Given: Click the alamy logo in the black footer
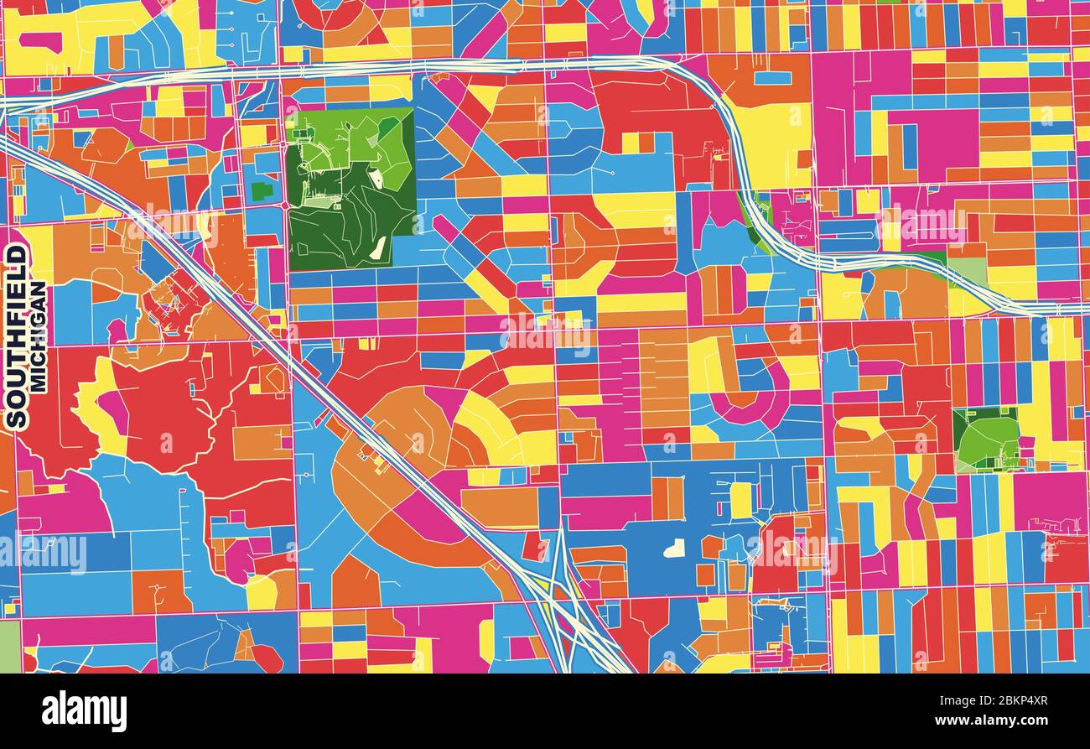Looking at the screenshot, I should (x=84, y=710).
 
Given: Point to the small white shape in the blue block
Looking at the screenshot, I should (x=673, y=549).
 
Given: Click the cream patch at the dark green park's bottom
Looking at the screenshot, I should (x=380, y=247).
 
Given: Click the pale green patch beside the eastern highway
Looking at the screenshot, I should (x=968, y=270).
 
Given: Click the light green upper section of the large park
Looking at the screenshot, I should (x=352, y=138).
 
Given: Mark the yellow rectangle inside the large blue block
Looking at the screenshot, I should (x=740, y=500).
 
